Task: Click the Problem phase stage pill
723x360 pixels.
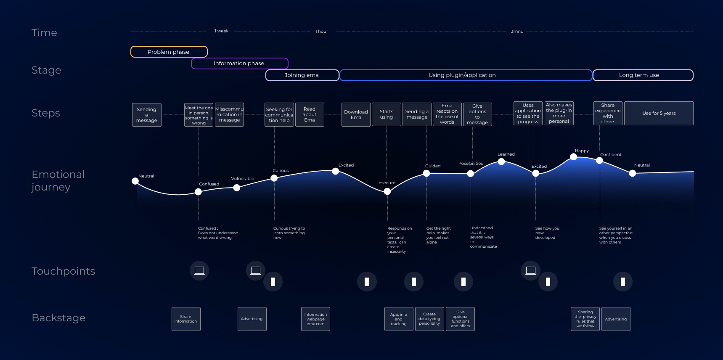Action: pyautogui.click(x=169, y=52)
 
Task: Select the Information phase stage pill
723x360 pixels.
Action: pyautogui.click(x=239, y=64)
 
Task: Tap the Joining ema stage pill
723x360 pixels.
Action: pyautogui.click(x=302, y=75)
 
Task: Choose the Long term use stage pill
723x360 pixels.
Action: pyautogui.click(x=643, y=75)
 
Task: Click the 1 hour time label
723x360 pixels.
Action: pyautogui.click(x=322, y=31)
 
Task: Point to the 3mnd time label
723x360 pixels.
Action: pyautogui.click(x=517, y=31)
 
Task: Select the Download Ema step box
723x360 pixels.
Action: pyautogui.click(x=356, y=114)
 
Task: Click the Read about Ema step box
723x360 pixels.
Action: pyautogui.click(x=310, y=114)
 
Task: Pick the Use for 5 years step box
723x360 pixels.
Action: pyautogui.click(x=659, y=113)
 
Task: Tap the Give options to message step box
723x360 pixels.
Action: pyautogui.click(x=477, y=114)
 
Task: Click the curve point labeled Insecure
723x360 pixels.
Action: pyautogui.click(x=387, y=191)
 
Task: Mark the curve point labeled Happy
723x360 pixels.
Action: pyautogui.click(x=573, y=157)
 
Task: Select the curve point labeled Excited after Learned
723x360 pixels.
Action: pyautogui.click(x=536, y=173)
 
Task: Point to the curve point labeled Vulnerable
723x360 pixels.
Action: pyautogui.click(x=237, y=188)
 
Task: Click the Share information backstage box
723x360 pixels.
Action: pyautogui.click(x=186, y=319)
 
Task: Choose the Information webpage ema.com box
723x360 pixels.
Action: pyautogui.click(x=315, y=319)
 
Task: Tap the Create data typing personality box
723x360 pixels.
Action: pyautogui.click(x=429, y=319)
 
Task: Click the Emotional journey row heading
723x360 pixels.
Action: pyautogui.click(x=58, y=180)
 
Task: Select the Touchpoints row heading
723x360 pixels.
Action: pyautogui.click(x=63, y=271)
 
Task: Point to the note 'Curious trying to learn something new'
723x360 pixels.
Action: pyautogui.click(x=289, y=233)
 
